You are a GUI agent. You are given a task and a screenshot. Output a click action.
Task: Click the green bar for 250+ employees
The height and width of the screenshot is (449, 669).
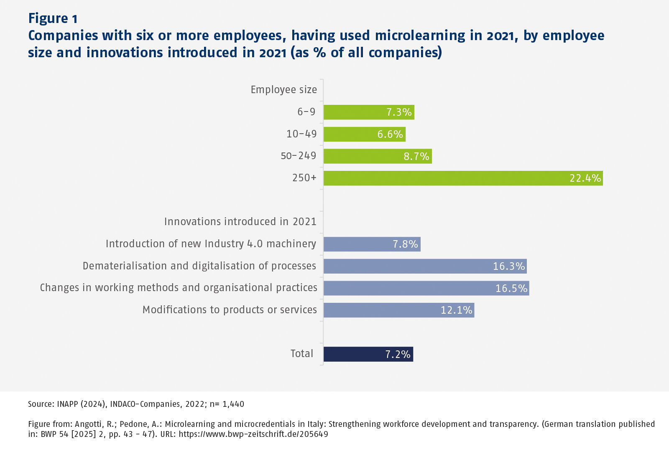(x=463, y=178)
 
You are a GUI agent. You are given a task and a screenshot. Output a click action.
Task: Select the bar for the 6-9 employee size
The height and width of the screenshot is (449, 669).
(x=369, y=112)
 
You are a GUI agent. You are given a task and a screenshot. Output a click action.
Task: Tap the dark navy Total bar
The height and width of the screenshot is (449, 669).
(x=368, y=354)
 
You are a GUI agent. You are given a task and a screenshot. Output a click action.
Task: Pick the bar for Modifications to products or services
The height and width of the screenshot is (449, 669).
(x=398, y=310)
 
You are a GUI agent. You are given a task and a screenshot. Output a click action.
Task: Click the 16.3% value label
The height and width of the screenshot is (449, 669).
(x=508, y=266)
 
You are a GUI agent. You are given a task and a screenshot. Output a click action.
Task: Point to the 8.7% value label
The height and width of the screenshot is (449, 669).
(x=416, y=157)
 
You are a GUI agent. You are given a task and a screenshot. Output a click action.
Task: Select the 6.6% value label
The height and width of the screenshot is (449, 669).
(x=390, y=134)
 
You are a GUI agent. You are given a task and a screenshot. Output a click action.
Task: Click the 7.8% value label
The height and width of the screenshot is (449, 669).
(x=405, y=244)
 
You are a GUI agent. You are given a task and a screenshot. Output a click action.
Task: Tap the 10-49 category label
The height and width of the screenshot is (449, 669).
(x=301, y=134)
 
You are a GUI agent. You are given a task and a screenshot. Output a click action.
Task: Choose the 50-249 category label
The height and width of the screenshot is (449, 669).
(x=299, y=156)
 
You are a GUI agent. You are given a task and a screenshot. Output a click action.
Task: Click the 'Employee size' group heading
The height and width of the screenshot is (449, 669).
(x=283, y=90)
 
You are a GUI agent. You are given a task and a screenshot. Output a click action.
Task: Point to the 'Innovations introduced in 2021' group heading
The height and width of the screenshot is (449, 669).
(x=240, y=222)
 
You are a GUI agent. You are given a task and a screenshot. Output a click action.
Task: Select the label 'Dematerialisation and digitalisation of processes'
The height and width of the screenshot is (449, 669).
(x=199, y=266)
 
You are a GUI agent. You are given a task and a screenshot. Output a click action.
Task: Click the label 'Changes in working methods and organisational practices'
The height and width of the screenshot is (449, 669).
(x=179, y=288)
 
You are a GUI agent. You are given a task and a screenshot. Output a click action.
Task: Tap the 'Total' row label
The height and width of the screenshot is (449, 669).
(x=301, y=354)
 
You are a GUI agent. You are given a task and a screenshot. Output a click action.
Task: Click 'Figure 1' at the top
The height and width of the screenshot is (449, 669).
(x=53, y=18)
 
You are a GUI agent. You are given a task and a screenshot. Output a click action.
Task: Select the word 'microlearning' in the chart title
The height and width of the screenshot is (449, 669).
(x=420, y=36)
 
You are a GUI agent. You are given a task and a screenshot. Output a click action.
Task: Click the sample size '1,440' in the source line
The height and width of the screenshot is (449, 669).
(x=233, y=404)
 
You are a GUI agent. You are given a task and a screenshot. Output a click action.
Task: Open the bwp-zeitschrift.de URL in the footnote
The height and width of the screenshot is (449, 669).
(x=253, y=434)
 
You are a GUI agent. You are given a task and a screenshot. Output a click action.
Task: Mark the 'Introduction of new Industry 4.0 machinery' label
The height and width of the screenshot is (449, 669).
(x=211, y=244)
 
